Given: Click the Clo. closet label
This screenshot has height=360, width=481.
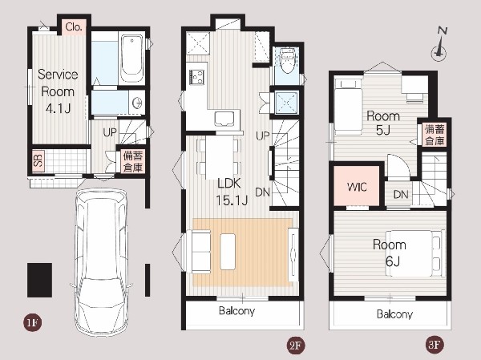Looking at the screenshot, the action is tap(74, 27).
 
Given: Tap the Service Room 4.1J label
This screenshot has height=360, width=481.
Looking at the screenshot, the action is tap(58, 91).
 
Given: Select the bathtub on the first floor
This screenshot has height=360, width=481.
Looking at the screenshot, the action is tap(131, 59).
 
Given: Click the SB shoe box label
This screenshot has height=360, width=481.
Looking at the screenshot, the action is tap(38, 160).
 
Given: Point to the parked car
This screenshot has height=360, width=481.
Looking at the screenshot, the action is tap(101, 261).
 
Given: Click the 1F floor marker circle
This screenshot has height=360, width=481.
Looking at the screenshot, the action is tap(32, 322).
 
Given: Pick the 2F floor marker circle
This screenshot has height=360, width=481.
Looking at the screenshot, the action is tap(294, 346).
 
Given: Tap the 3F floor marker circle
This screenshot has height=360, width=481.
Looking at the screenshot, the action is tap(435, 345).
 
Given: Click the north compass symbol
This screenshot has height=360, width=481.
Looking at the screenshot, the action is tap(439, 45).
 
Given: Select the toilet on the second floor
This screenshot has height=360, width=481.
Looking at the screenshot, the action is tap(288, 60).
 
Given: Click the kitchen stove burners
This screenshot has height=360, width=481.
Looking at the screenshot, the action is tap(196, 77).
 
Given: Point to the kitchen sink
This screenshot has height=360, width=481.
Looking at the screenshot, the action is tap(224, 119).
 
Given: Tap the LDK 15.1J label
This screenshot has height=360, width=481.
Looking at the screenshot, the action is tap(232, 192).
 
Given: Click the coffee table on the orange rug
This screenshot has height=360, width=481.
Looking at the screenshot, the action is tap(228, 252).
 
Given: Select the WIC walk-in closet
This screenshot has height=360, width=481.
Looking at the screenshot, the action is tap(357, 186).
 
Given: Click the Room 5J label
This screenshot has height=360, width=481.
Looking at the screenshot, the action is tap(383, 123).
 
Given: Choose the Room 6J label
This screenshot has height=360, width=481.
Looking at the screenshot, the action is tap(390, 253).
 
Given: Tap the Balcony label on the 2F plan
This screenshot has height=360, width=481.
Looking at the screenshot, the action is tap(236, 311).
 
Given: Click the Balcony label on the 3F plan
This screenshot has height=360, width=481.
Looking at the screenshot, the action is tap(394, 314).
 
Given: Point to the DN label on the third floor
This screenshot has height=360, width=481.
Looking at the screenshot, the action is tap(401, 195).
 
